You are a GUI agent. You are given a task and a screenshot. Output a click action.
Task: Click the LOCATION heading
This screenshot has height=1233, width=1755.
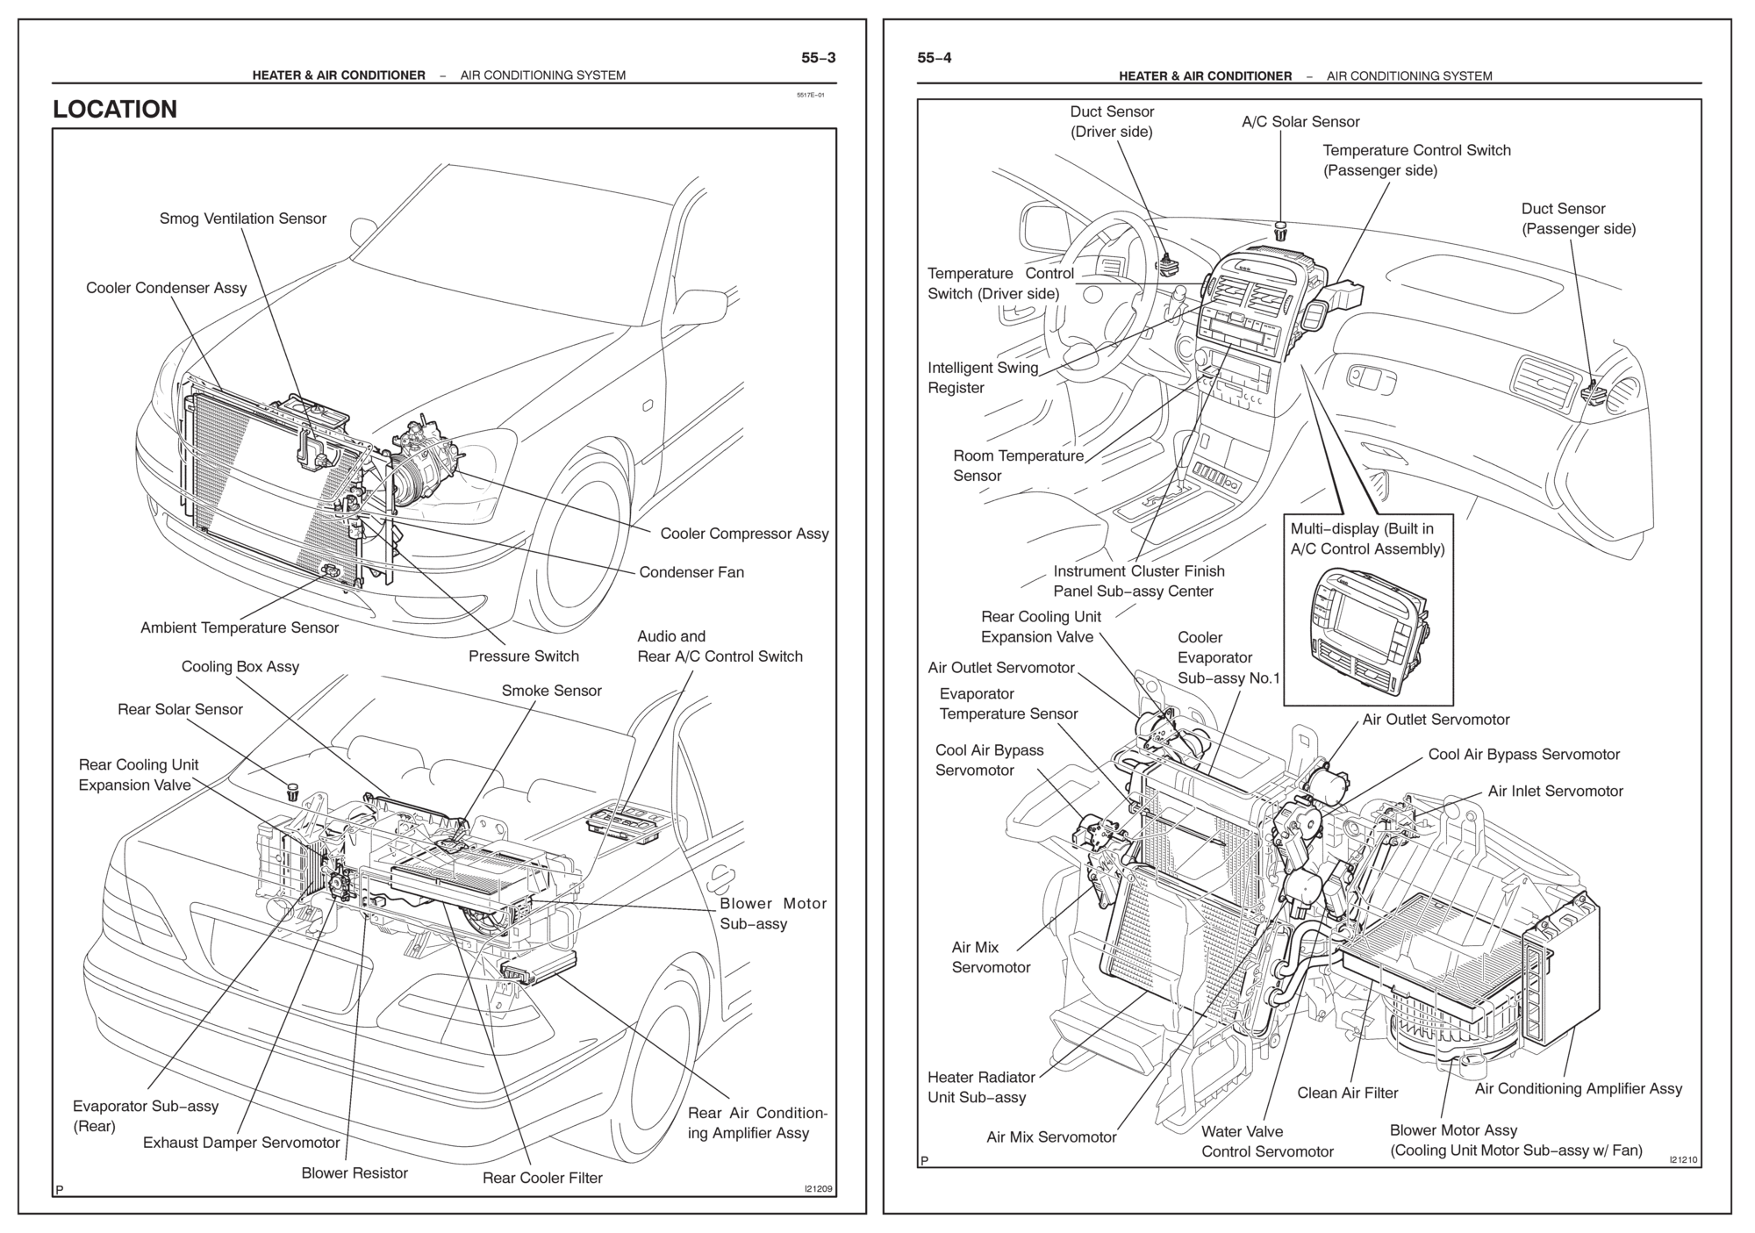(115, 109)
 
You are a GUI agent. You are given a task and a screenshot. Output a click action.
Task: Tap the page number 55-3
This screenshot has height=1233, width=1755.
(818, 58)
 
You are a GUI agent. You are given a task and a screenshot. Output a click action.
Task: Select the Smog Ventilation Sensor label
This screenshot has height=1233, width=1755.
(242, 219)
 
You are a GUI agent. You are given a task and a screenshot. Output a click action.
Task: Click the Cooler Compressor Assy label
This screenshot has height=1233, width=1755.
(744, 534)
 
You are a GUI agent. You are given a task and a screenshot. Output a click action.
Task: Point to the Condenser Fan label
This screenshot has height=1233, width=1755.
(691, 572)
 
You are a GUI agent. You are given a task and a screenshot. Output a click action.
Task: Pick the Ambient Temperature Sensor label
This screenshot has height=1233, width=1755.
(239, 627)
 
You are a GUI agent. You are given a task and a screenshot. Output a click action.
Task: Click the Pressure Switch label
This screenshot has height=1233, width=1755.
(523, 656)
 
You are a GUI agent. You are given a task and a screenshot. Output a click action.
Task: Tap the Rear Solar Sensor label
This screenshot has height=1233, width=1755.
(180, 709)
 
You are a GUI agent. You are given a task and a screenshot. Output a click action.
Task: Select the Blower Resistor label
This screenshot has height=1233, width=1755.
(355, 1173)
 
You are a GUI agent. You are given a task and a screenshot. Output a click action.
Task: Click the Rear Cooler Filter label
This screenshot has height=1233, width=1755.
(542, 1178)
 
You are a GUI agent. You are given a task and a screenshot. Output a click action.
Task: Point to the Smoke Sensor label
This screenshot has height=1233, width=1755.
(551, 691)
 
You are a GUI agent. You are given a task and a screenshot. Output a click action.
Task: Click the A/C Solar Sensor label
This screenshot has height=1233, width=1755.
(1300, 122)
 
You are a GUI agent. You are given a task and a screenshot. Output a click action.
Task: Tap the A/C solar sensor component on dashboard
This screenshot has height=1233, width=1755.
(1280, 233)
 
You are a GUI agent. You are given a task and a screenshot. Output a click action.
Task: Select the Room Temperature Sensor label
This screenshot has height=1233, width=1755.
(1018, 466)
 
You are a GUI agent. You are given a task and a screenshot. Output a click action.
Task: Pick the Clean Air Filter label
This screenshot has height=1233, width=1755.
(1347, 1093)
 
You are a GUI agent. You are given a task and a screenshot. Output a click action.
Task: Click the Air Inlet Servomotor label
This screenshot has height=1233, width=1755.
(1555, 791)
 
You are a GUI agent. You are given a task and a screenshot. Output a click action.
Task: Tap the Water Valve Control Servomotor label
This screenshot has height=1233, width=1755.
(1267, 1142)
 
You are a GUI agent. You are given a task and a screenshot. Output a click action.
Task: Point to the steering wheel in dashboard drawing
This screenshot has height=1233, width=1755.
(1097, 298)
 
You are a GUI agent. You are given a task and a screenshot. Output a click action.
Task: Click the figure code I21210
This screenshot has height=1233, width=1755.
(1683, 1160)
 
